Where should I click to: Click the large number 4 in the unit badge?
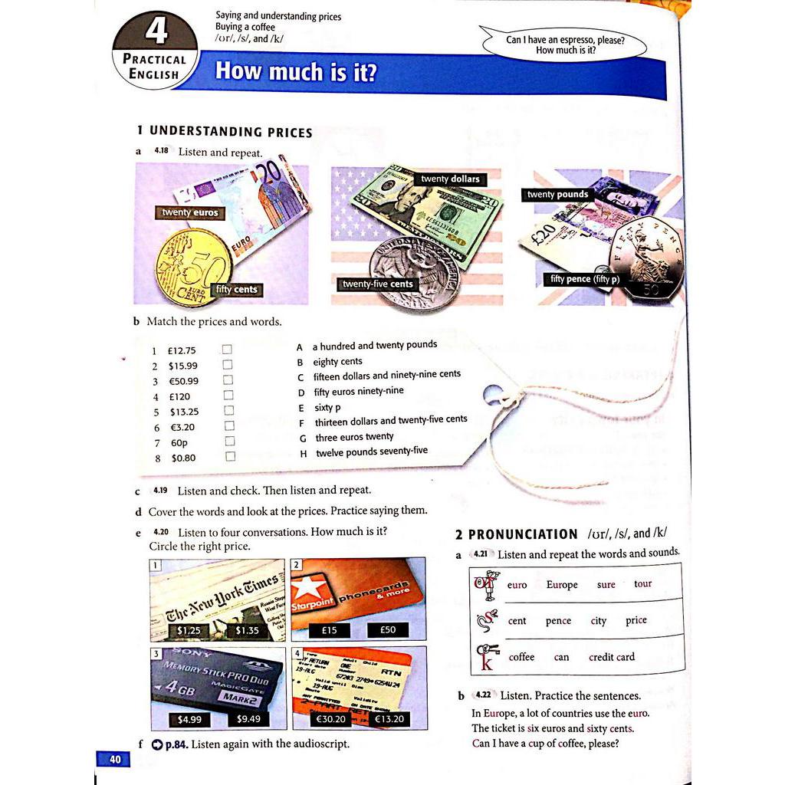click(156, 32)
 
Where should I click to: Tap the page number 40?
click(114, 760)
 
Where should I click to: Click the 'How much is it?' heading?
click(296, 71)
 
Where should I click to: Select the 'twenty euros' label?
click(190, 212)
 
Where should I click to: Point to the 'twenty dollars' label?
click(450, 179)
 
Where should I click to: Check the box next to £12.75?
click(228, 349)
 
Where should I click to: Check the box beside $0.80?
click(229, 456)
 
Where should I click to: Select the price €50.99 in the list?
click(183, 381)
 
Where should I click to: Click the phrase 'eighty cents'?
click(337, 361)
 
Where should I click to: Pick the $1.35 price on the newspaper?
click(247, 630)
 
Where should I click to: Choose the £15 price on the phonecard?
click(329, 630)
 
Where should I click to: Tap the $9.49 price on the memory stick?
click(249, 719)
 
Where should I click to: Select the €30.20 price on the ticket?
click(330, 719)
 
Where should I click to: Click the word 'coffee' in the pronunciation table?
click(521, 657)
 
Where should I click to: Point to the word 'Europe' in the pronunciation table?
click(562, 584)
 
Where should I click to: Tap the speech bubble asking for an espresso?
click(565, 44)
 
